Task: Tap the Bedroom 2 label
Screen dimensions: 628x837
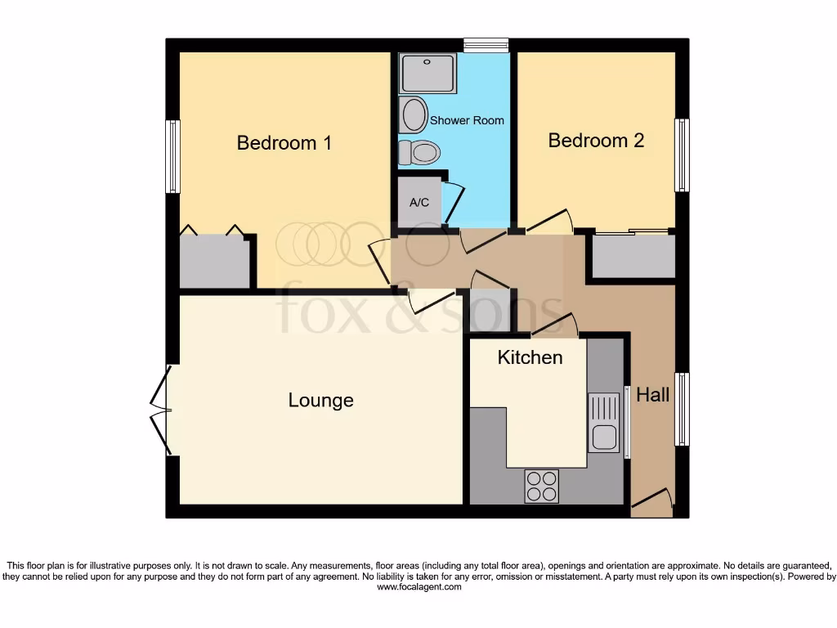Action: point(596,140)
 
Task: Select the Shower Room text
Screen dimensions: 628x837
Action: point(467,120)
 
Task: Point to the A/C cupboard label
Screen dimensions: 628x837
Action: point(419,202)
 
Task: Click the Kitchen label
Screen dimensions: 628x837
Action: point(530,357)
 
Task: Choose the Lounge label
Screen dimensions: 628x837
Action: point(320,400)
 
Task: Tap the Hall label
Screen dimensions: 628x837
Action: point(652,395)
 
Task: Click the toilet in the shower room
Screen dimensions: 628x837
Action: point(418,152)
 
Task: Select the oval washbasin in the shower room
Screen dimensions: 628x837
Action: point(414,114)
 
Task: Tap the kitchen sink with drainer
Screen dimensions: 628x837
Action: point(604,422)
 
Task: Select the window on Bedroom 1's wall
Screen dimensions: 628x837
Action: point(172,157)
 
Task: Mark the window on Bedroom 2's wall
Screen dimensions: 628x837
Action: point(681,155)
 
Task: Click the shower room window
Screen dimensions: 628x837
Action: point(486,46)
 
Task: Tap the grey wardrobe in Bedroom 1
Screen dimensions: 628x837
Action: point(214,261)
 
